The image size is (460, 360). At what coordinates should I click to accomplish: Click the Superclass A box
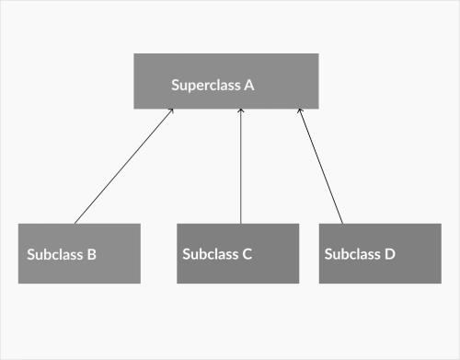226,81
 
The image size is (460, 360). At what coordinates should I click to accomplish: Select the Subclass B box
79,253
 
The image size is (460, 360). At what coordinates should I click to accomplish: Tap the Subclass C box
237,253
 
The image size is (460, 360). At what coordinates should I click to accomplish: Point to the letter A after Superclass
248,86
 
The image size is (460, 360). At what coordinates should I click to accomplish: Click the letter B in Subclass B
91,254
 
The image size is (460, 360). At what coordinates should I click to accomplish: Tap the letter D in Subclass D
390,254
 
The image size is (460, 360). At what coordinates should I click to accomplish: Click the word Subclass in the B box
55,254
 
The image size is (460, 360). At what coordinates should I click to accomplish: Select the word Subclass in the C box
211,254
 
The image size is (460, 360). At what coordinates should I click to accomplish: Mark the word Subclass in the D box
353,254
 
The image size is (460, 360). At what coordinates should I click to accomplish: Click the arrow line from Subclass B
123,167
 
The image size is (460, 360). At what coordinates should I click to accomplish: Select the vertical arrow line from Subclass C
240,167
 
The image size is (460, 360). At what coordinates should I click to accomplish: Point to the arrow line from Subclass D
320,167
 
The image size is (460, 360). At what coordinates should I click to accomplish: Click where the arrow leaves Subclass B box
75,223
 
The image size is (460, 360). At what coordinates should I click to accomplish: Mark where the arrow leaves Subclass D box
342,223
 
